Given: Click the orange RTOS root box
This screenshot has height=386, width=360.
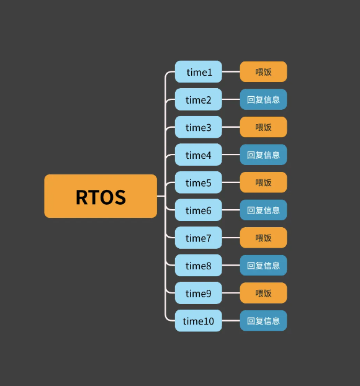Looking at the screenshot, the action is click(x=101, y=196).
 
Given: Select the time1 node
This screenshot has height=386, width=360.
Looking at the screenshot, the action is click(x=199, y=71).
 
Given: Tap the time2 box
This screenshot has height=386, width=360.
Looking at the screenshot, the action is click(x=199, y=99).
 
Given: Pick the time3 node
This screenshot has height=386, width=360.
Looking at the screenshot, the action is click(x=199, y=127).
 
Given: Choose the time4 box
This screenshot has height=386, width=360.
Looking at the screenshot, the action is click(x=199, y=155).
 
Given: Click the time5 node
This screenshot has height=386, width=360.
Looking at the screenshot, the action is click(x=199, y=182).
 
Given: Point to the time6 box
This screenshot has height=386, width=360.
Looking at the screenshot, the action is click(x=199, y=210).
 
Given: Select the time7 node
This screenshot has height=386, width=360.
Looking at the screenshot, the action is click(x=199, y=238).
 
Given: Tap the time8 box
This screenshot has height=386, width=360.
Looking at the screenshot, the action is click(x=199, y=266).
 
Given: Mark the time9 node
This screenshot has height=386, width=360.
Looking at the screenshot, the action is click(x=199, y=293).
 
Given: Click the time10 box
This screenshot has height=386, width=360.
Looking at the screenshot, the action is click(x=199, y=321).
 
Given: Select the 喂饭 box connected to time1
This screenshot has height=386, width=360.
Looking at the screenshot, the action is click(x=263, y=71).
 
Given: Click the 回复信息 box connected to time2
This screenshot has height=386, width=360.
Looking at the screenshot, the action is click(x=263, y=99).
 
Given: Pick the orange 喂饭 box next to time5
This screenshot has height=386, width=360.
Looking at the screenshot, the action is click(x=263, y=182).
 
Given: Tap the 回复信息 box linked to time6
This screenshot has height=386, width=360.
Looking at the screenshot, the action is click(x=263, y=210).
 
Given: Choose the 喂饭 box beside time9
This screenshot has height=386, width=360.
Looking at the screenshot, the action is click(x=263, y=293).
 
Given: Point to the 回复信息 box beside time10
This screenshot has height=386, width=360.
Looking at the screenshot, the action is click(x=263, y=321).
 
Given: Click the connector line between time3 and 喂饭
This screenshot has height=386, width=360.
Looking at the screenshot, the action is click(x=231, y=127).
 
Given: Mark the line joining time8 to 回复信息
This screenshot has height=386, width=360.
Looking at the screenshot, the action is click(x=231, y=266).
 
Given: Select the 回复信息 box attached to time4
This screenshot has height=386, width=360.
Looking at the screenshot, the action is click(x=263, y=155).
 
